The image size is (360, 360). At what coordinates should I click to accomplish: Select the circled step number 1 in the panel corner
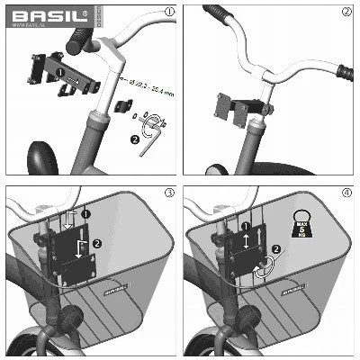coord(169,12)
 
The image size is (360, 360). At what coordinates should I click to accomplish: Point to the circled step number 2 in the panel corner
coord(346,12)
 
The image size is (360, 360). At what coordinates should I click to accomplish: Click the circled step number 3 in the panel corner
coord(169,192)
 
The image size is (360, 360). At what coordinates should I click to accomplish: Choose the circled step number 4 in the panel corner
coord(346,192)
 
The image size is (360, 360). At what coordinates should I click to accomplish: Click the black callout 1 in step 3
coord(85,214)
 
